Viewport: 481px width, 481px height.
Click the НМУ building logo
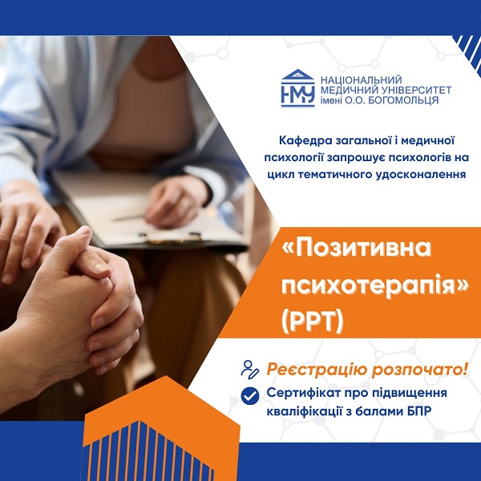pos(297,88)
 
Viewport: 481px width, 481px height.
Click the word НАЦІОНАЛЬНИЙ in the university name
pos(361,80)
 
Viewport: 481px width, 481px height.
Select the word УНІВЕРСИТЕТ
pos(417,90)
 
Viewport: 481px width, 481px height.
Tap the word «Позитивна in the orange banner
pos(356,249)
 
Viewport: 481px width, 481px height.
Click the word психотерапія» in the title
pos(375,286)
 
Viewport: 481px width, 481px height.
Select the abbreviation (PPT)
pos(313,321)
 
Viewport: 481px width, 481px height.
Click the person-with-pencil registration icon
pos(249,370)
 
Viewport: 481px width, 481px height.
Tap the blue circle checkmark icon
pos(250,396)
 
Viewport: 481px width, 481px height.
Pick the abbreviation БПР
pos(419,410)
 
